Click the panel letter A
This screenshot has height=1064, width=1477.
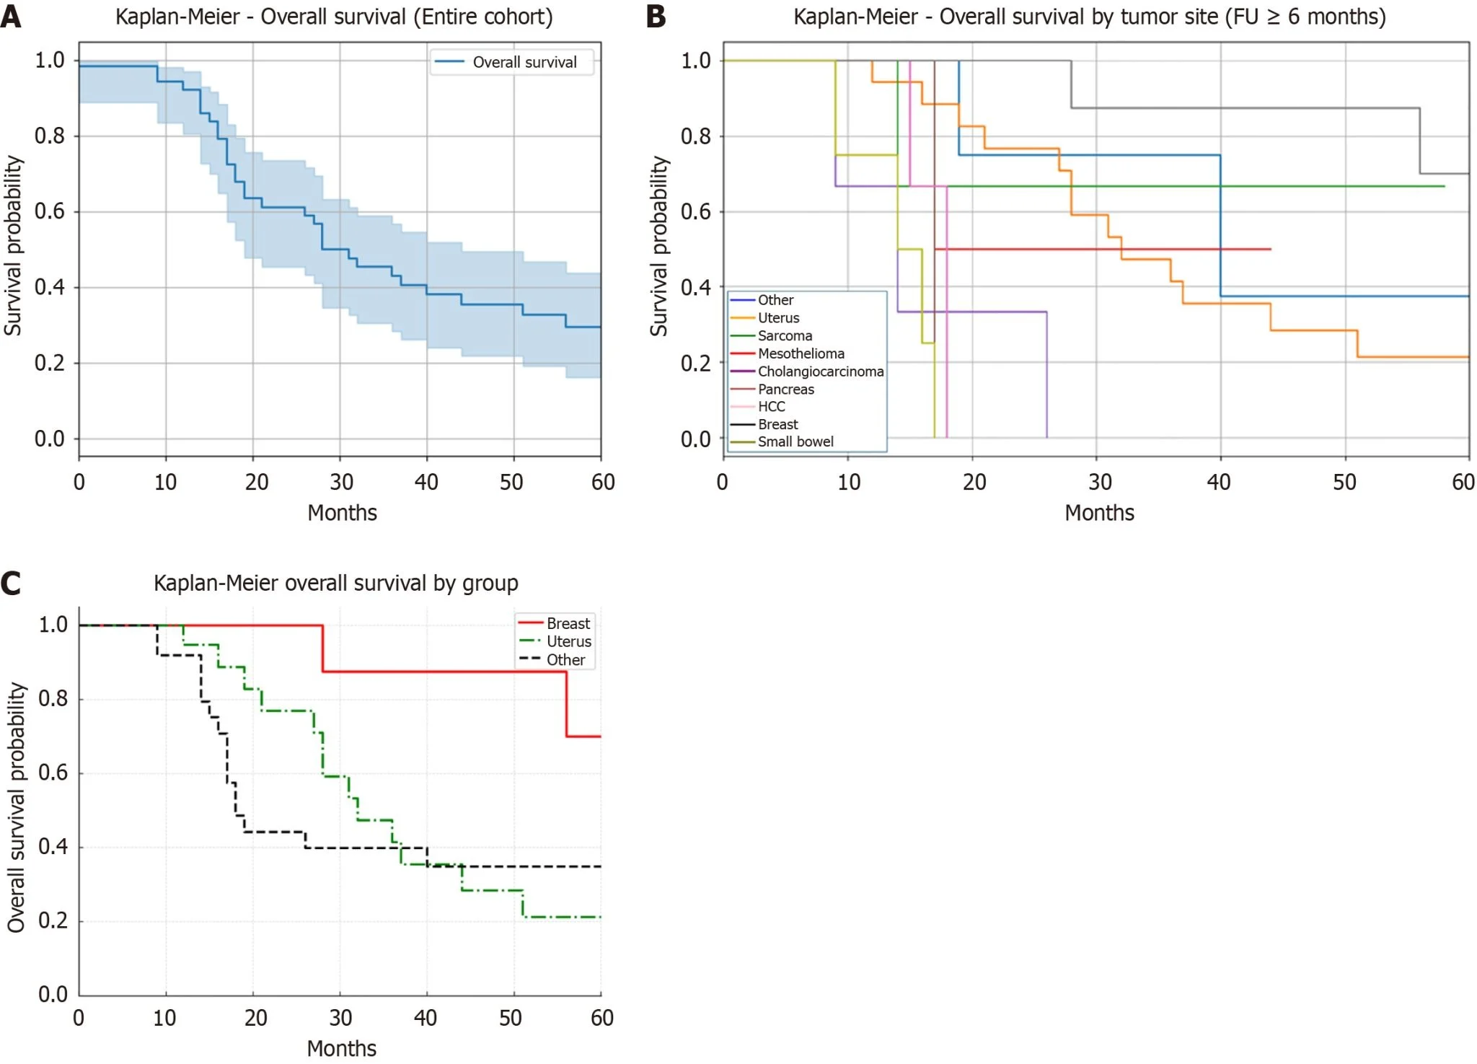click(11, 16)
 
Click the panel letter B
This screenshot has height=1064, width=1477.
click(656, 16)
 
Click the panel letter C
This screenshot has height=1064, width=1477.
click(11, 583)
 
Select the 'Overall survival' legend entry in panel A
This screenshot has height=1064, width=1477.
click(524, 62)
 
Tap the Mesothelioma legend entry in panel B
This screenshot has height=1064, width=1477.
click(801, 353)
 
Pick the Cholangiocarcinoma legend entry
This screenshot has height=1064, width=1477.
click(820, 371)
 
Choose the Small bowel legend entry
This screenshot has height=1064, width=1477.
click(795, 441)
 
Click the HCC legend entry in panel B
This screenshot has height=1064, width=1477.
click(771, 406)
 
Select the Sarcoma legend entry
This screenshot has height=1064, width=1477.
click(785, 335)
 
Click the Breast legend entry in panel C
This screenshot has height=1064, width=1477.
click(568, 623)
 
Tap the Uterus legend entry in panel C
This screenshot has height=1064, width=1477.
click(568, 641)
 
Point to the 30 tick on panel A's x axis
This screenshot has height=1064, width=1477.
click(341, 482)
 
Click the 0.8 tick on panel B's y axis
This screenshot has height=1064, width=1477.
click(696, 136)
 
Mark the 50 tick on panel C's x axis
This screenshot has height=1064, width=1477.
click(511, 1018)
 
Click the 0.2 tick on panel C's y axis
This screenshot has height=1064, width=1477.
click(53, 920)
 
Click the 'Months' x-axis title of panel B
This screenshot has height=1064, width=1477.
click(1099, 513)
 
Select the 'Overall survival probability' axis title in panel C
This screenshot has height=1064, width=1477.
click(16, 807)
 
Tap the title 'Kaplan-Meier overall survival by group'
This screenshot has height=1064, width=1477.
click(335, 583)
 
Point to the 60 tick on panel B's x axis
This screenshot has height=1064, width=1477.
click(1463, 482)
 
